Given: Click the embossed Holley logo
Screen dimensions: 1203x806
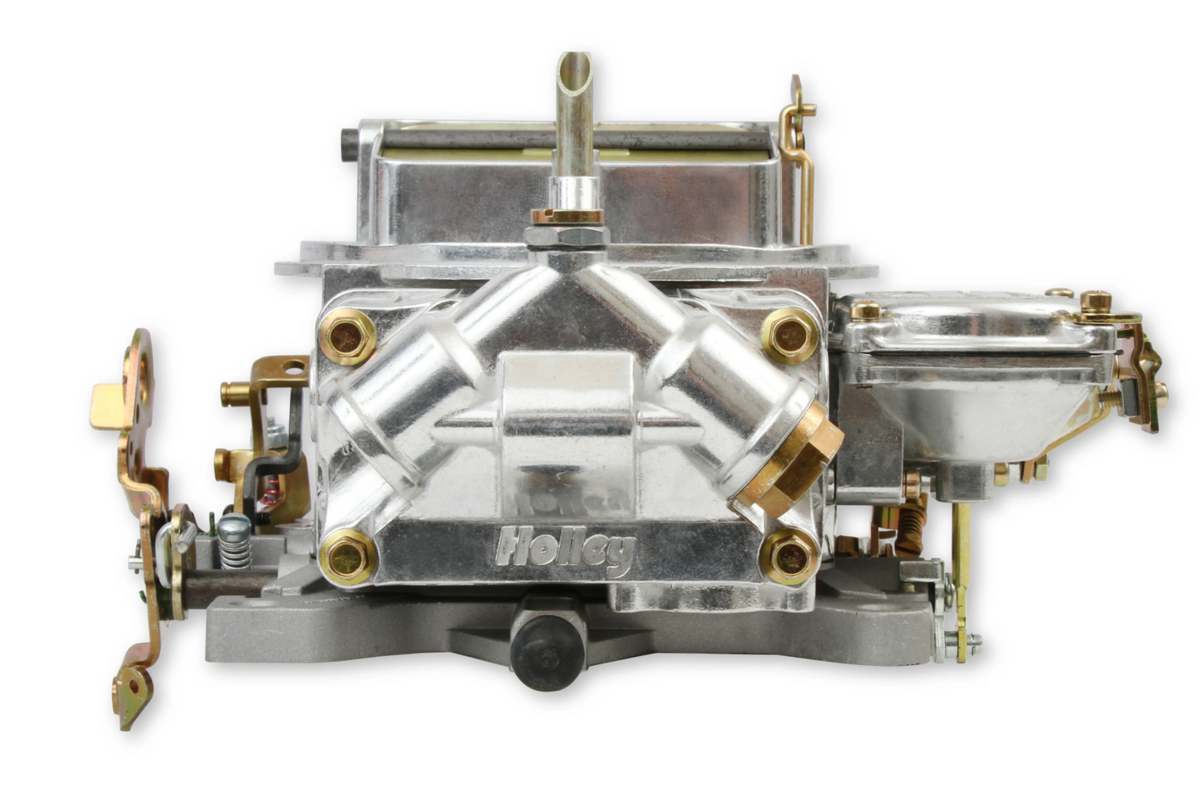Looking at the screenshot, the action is (565, 549).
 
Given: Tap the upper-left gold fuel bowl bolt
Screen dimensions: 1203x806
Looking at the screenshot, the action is (347, 337).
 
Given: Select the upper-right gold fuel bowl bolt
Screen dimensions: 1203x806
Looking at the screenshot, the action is (791, 335).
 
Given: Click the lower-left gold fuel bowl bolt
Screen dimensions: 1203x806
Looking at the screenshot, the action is (348, 556).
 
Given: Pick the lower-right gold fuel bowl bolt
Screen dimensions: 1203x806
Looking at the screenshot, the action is (791, 556).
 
